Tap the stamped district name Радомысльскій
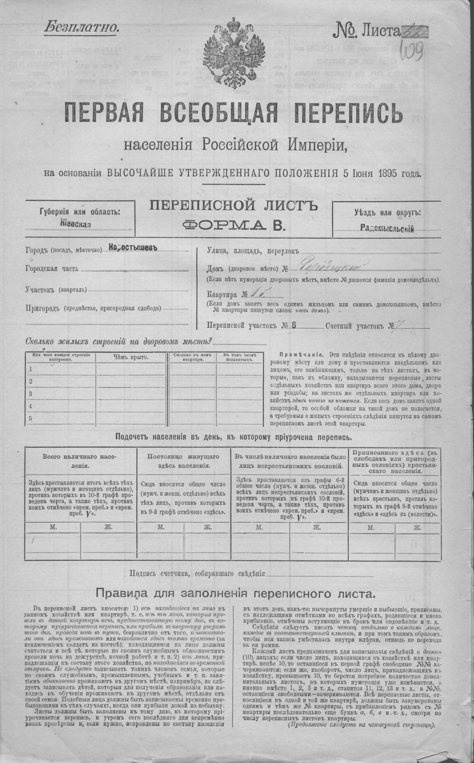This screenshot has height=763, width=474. click(387, 229)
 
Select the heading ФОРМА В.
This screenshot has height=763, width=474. click(234, 225)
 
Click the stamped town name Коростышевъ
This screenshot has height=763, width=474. click(133, 247)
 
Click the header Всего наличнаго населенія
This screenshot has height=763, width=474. click(81, 461)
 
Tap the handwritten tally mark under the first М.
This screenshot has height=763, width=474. click(33, 540)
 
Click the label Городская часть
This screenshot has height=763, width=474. click(52, 269)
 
